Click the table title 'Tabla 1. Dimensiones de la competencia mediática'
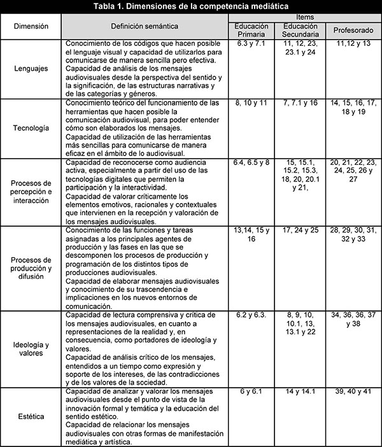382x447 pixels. point(191,6)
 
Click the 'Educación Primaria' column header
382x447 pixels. point(251,29)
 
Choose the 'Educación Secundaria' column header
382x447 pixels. point(301,29)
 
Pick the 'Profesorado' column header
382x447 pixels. point(352,30)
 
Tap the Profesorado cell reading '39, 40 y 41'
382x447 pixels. point(351,390)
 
